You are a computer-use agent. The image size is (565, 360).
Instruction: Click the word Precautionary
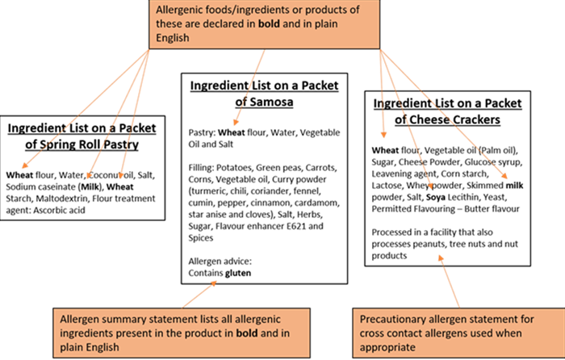pos(395,318)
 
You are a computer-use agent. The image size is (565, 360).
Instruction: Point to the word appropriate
pos(391,346)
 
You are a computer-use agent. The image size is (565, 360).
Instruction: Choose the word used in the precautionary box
pos(491,333)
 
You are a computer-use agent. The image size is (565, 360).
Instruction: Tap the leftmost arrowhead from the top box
pos(23,166)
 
